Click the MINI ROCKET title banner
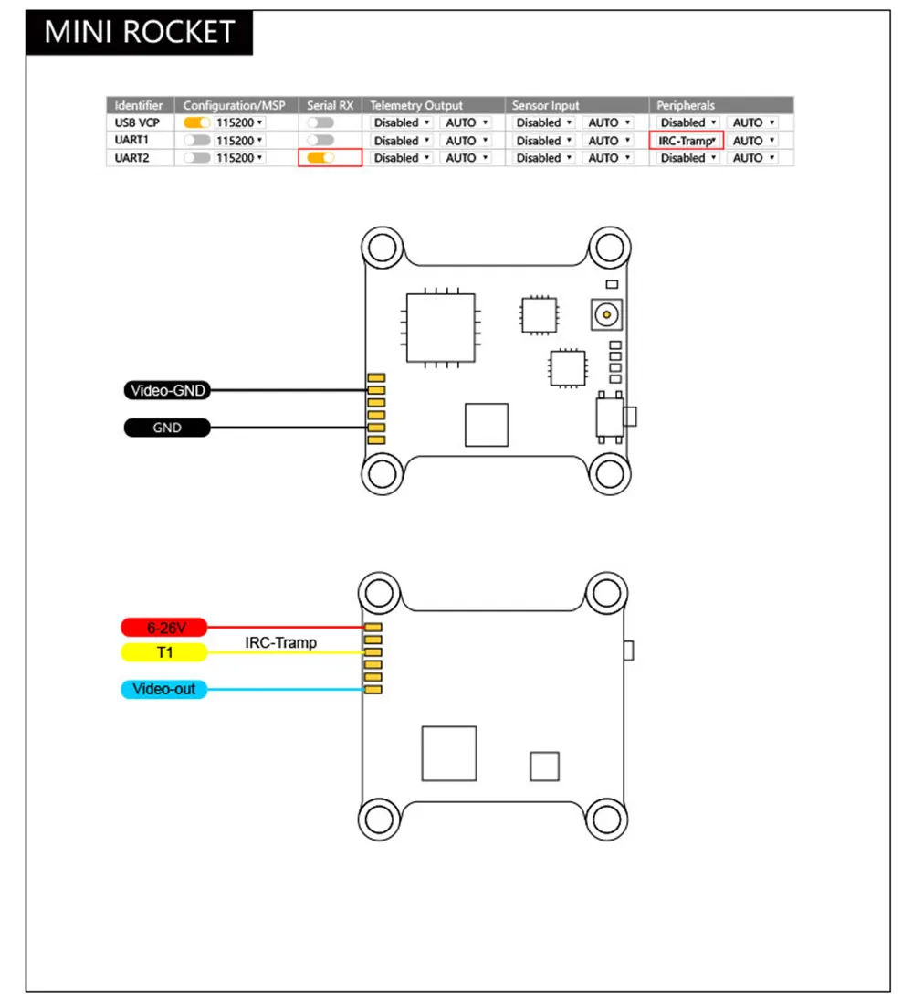[x=139, y=32]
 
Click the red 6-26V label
[x=164, y=628]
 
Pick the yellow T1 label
[x=164, y=652]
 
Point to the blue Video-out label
[x=164, y=689]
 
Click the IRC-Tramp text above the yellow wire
[x=280, y=642]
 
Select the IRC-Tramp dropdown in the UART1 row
[x=687, y=141]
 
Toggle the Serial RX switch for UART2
[x=320, y=158]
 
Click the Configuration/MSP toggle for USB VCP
[x=197, y=122]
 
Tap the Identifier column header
[x=139, y=105]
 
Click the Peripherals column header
[x=685, y=105]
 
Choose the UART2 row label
[x=133, y=158]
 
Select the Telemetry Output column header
[x=416, y=105]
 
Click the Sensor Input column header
[x=545, y=105]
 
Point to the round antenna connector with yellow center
[x=604, y=316]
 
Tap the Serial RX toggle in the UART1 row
[x=320, y=141]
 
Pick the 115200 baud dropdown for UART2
[x=239, y=158]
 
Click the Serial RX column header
[x=330, y=105]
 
